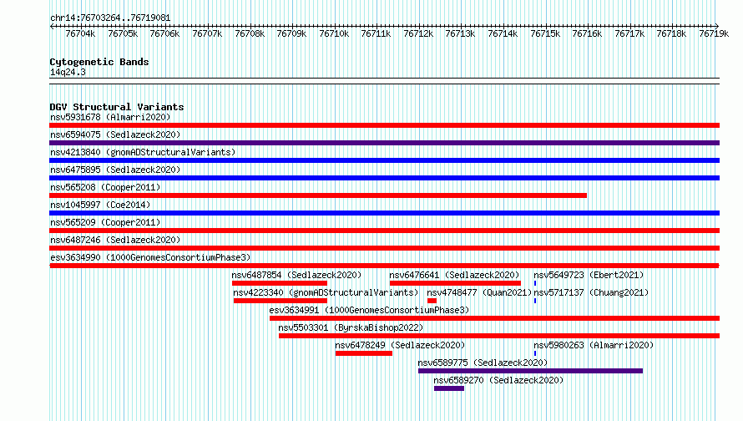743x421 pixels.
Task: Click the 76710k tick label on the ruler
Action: point(334,34)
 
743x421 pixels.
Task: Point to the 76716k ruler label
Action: point(587,34)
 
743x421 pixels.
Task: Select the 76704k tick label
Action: point(80,34)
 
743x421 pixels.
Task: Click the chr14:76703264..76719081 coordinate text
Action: point(110,18)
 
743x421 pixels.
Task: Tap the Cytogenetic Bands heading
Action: point(99,62)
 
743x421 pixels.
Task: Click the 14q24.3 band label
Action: point(68,72)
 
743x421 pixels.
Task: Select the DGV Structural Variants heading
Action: point(117,107)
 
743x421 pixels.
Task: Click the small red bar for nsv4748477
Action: point(432,301)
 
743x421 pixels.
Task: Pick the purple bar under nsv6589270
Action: point(449,388)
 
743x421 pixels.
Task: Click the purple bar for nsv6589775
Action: point(531,371)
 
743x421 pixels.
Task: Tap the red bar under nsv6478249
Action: point(364,353)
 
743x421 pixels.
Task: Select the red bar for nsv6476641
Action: point(455,283)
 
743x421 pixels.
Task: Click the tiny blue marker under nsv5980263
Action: point(535,353)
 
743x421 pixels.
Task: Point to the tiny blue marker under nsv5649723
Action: point(535,283)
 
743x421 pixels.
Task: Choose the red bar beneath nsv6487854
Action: point(280,283)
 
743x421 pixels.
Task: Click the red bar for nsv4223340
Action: point(281,301)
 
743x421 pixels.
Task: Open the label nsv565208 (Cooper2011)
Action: point(105,187)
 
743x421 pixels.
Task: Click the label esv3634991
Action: point(294,310)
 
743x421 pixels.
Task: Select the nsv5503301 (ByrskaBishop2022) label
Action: point(351,327)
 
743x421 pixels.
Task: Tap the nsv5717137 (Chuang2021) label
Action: point(591,292)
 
